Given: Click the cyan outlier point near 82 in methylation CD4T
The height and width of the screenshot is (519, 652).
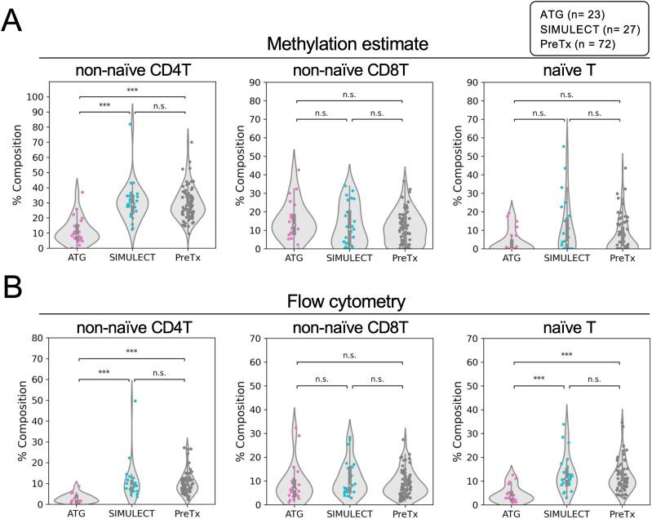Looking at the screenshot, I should coord(129,124).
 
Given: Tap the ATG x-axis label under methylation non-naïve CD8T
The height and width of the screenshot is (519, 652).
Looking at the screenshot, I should coord(294,259).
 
